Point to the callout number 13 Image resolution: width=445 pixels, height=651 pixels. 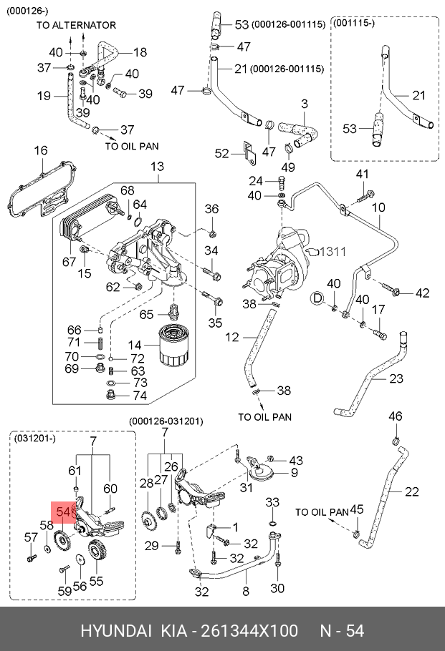pyautogui.click(x=157, y=167)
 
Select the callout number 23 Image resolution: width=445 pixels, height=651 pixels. pyautogui.click(x=396, y=379)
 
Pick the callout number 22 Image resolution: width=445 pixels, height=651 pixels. pyautogui.click(x=411, y=491)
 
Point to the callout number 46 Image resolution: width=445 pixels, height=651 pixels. pyautogui.click(x=396, y=416)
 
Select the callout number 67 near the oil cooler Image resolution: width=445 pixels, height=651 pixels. pyautogui.click(x=69, y=262)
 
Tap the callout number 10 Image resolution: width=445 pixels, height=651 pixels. pyautogui.click(x=378, y=208)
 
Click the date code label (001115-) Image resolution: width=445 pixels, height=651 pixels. pyautogui.click(x=355, y=24)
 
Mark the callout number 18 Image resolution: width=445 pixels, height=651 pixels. pyautogui.click(x=139, y=52)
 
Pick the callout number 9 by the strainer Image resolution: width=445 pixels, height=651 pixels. pyautogui.click(x=294, y=473)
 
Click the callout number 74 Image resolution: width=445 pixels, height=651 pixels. pyautogui.click(x=140, y=396)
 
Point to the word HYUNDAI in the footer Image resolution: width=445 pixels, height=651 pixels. pyautogui.click(x=115, y=631)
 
